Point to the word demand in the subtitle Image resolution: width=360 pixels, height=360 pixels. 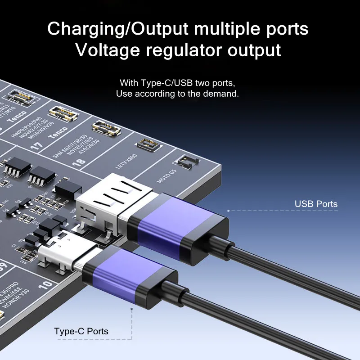(x=221, y=94)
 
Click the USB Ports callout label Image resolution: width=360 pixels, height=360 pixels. (x=316, y=204)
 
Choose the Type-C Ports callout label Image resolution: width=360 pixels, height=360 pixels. (x=81, y=332)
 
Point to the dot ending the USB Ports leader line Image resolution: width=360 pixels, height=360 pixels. (x=229, y=210)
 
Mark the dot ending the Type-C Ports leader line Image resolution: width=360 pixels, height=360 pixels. (x=131, y=309)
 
